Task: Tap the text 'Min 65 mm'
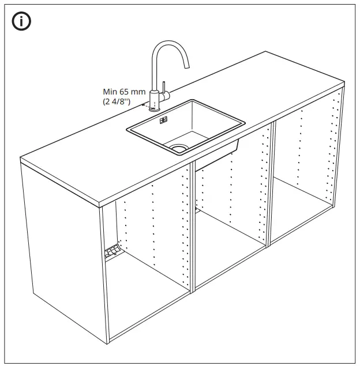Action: point(124,92)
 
